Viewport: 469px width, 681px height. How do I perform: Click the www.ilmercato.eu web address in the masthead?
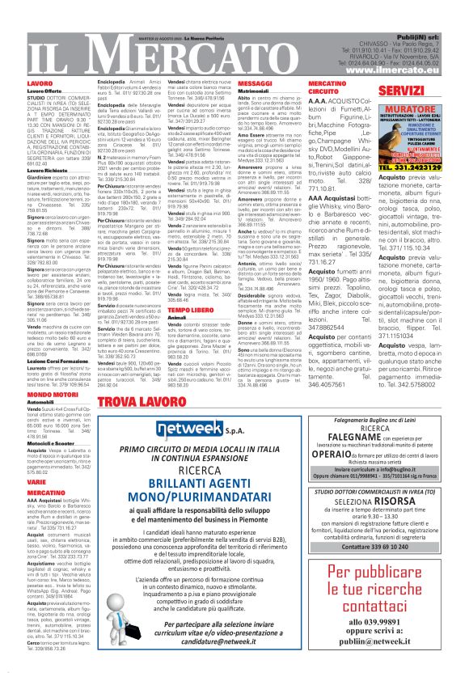pos(415,71)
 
